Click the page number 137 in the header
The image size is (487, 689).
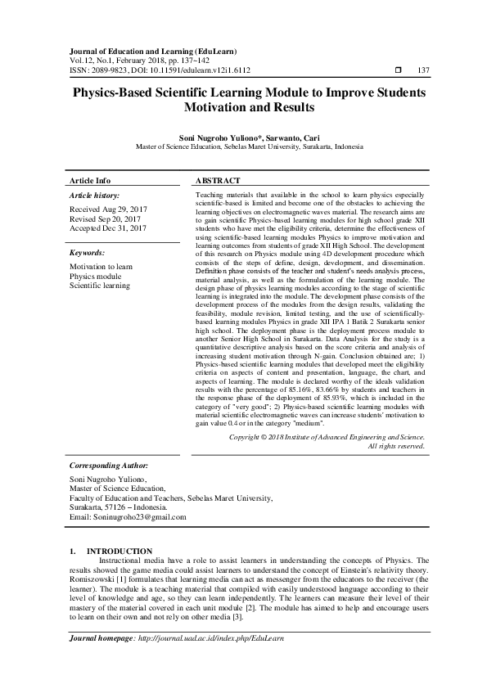423,70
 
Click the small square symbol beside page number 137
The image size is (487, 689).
397,70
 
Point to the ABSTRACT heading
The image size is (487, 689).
219,180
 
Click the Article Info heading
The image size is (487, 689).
90,180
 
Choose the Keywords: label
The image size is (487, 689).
88,254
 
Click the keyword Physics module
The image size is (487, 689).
96,277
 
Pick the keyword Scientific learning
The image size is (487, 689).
100,286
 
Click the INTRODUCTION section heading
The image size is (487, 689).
119,551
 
